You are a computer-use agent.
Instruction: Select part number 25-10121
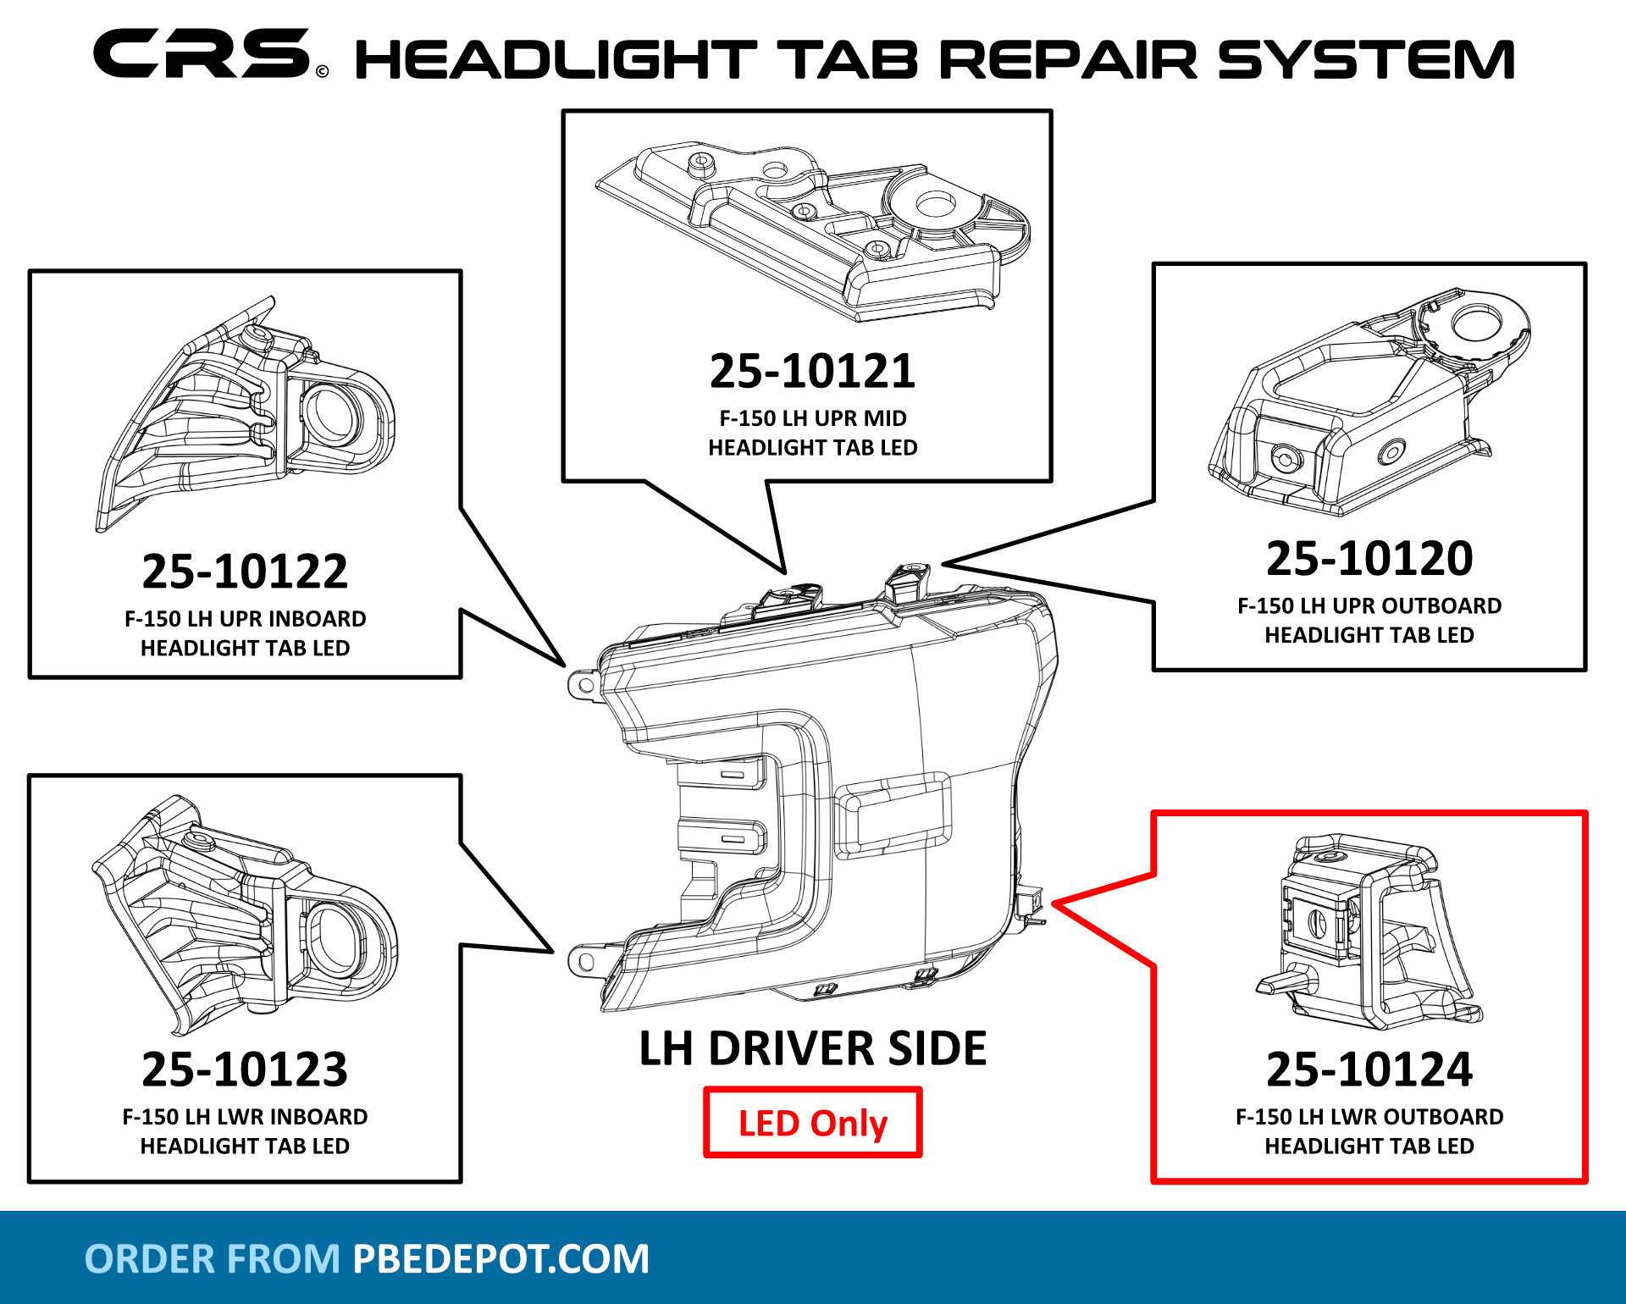811,371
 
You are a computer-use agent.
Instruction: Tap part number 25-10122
245,571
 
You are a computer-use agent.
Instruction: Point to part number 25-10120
1369,558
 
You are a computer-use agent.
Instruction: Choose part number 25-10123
245,1069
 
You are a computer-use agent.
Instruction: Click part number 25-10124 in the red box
1369,1069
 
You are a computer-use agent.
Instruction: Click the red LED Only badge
812,1123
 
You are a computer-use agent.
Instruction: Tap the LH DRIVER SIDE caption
812,1048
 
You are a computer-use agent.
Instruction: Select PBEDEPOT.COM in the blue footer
501,1258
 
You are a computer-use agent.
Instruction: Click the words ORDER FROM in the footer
212,1258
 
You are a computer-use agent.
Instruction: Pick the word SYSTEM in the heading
1365,59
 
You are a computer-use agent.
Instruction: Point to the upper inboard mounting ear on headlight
583,682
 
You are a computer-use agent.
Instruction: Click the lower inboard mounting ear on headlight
583,960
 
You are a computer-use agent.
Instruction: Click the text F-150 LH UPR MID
812,418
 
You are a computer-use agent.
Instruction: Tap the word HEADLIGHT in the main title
554,59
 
